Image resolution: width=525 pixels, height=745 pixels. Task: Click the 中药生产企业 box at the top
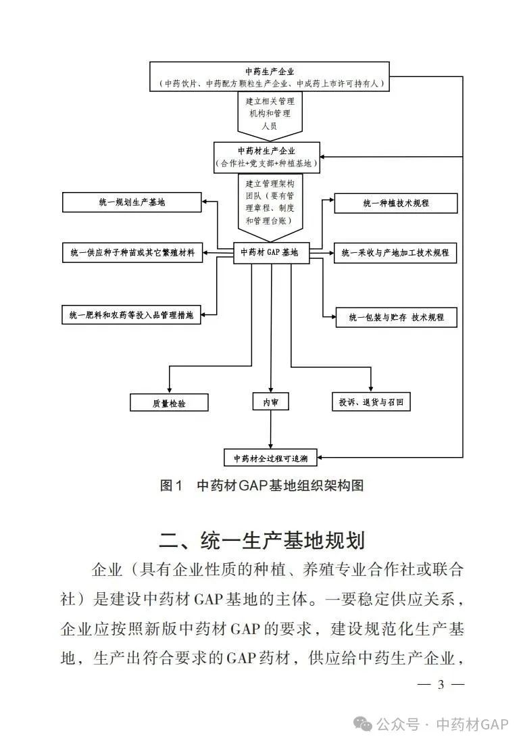coord(270,76)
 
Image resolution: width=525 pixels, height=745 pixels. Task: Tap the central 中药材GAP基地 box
coord(269,252)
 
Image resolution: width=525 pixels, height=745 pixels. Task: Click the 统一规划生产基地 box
coord(132,202)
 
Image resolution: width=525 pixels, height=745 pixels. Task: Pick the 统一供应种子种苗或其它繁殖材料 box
coord(132,253)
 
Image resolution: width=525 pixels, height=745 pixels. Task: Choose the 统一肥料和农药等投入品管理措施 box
coord(132,315)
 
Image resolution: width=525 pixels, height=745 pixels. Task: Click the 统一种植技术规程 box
coord(396,203)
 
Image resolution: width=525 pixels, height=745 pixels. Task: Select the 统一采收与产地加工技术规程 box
coord(396,253)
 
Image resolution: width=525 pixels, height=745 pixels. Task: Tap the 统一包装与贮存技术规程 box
coord(396,317)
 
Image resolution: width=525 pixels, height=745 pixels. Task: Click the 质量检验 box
coord(169,402)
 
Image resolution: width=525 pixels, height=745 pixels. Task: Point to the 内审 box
coord(270,402)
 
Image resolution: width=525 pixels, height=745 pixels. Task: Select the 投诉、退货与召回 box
coord(370,402)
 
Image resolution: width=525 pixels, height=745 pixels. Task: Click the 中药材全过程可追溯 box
coord(270,458)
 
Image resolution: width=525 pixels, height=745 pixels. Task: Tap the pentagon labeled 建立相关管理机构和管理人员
coord(270,113)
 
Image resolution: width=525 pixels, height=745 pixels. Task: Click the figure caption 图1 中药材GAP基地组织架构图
coord(261,485)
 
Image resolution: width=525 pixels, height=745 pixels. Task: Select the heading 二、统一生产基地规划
coord(262,541)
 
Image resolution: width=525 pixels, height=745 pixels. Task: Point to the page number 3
coord(441,684)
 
